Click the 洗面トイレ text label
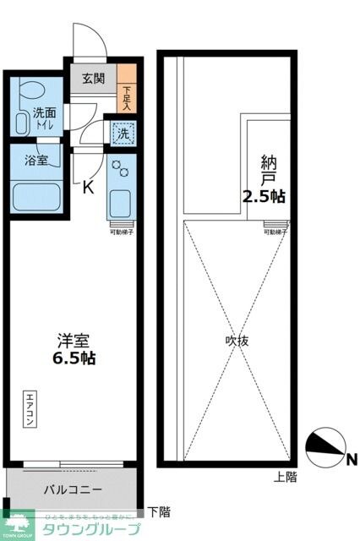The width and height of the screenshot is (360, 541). click(x=44, y=118)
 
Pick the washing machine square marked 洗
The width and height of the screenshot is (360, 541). click(x=123, y=133)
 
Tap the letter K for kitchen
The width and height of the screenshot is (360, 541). click(x=87, y=188)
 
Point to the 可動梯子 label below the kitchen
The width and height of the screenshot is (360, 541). click(x=122, y=231)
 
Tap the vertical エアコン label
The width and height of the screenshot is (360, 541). click(x=30, y=411)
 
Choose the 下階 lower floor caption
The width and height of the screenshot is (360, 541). click(x=158, y=511)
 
